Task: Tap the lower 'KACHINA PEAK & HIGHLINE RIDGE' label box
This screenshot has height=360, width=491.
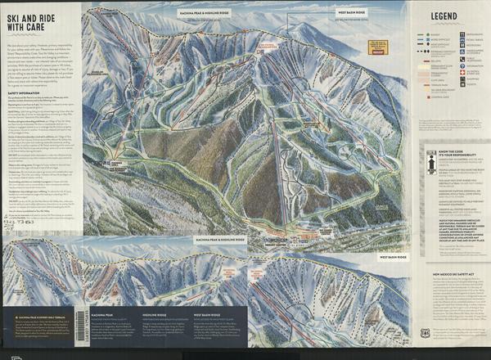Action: [219, 240]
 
